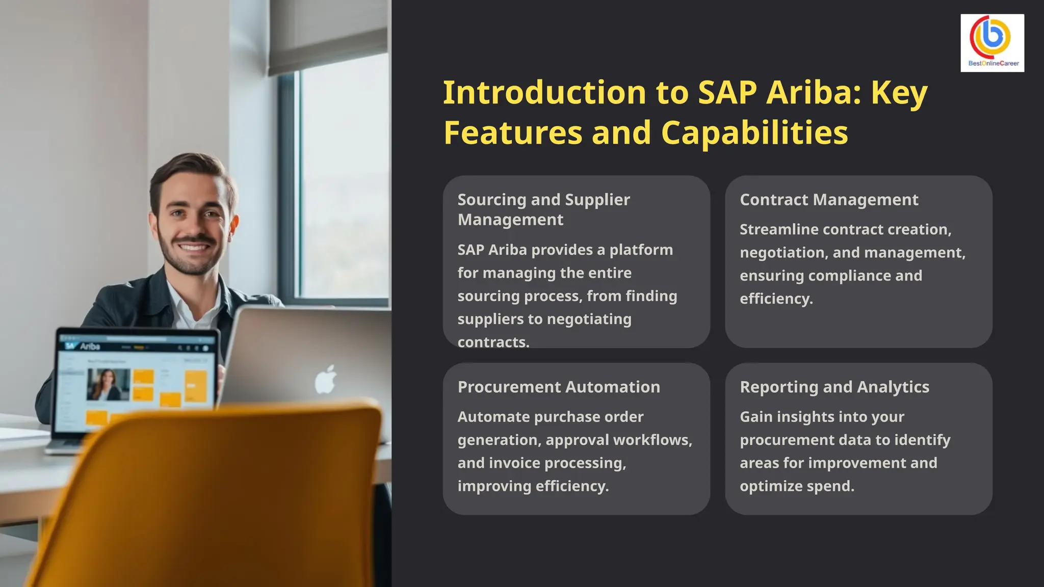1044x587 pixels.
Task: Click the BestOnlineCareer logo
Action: [992, 43]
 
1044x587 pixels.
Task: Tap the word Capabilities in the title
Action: [754, 132]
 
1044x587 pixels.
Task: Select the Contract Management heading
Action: [829, 200]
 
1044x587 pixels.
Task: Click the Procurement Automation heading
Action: [559, 387]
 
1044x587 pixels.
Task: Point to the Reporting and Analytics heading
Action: [834, 387]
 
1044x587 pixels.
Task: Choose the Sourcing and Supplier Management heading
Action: [543, 209]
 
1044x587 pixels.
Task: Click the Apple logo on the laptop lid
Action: [325, 380]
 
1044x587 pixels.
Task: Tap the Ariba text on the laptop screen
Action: [90, 346]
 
